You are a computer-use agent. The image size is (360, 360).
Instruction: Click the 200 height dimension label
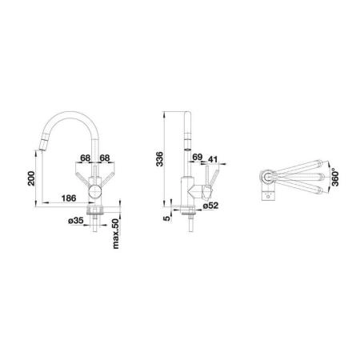tap(31, 178)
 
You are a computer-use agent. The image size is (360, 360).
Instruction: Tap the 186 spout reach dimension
tap(69, 198)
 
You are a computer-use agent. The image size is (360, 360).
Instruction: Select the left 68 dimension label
tap(86, 158)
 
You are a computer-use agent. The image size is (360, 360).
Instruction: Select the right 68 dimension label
tap(105, 158)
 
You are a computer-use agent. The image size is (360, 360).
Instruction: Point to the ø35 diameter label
tap(76, 221)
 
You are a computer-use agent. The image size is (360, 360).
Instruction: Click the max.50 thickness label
tap(115, 234)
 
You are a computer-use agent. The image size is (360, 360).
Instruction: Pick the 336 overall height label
tap(159, 159)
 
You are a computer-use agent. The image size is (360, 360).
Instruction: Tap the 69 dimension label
tap(198, 157)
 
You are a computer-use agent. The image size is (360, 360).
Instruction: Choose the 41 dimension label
tap(213, 159)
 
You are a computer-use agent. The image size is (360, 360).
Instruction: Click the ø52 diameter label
tap(210, 206)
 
